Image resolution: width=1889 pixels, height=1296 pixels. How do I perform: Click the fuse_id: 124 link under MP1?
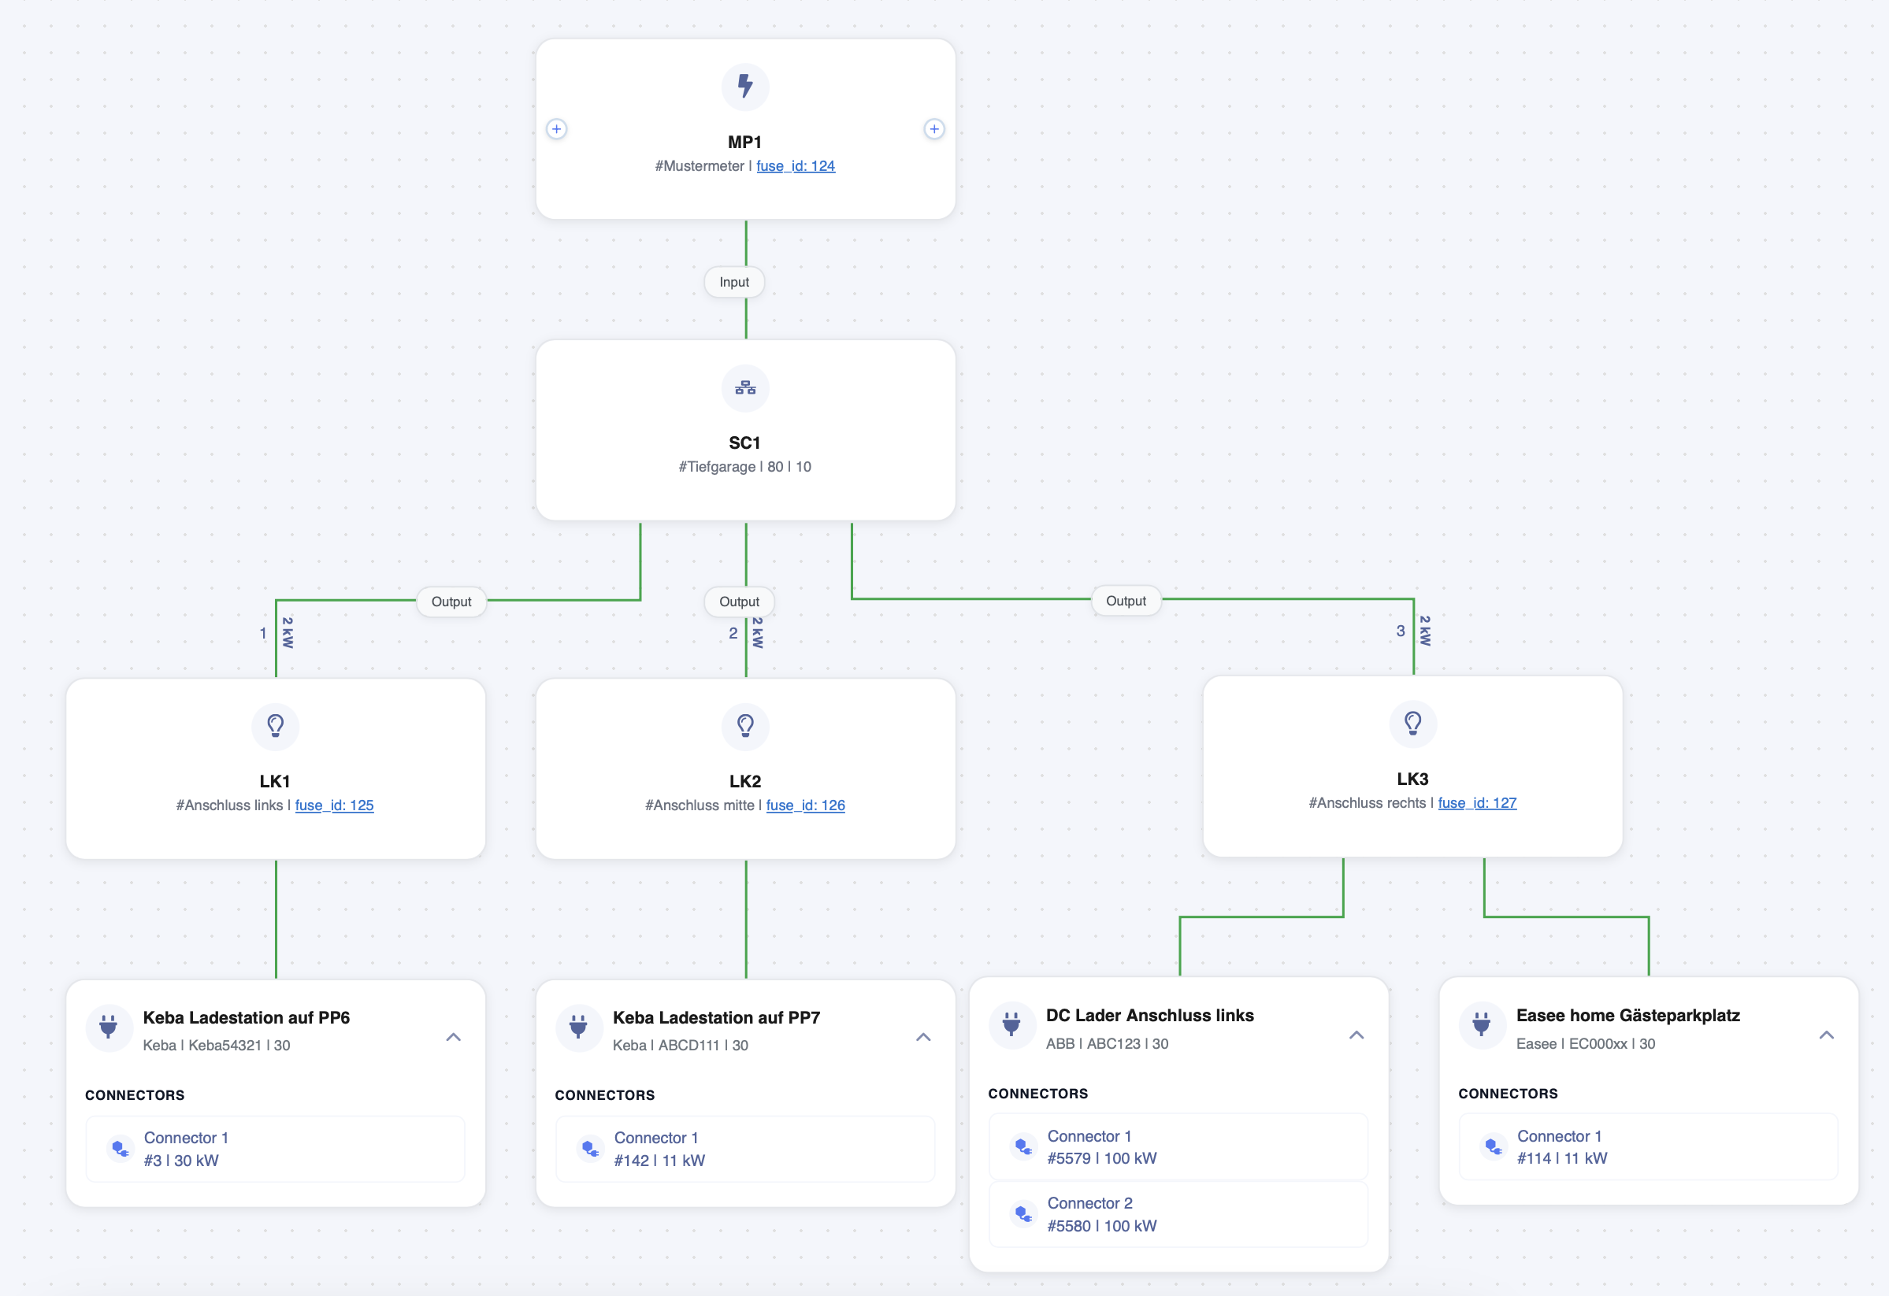[x=796, y=166]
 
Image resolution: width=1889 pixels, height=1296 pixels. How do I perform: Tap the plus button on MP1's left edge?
[x=557, y=129]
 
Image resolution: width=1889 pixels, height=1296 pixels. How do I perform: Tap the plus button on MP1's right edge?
[x=935, y=129]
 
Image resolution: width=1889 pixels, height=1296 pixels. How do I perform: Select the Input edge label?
[x=734, y=282]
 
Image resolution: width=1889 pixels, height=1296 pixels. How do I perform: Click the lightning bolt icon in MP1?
[x=745, y=86]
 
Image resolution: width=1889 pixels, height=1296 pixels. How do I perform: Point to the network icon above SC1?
[x=745, y=387]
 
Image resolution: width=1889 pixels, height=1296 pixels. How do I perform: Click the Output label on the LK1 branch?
[x=451, y=602]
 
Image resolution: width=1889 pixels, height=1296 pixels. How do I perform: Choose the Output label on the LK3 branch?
[x=1126, y=601]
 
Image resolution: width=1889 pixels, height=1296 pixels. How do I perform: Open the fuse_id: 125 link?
[x=334, y=805]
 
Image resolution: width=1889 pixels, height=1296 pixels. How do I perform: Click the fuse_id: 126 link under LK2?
[x=806, y=805]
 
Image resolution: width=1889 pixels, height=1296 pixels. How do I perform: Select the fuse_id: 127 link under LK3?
[x=1477, y=803]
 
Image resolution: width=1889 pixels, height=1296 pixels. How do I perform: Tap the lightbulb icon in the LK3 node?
[x=1412, y=723]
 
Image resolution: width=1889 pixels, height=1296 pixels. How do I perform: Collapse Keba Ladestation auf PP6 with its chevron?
[x=454, y=1037]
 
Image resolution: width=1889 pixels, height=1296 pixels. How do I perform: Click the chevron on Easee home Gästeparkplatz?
[x=1827, y=1035]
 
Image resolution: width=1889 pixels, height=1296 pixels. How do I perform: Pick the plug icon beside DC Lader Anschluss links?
[x=1011, y=1024]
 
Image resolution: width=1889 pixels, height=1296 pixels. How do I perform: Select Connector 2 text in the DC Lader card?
[x=1090, y=1202]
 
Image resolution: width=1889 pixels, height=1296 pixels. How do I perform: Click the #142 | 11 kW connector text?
[x=659, y=1161]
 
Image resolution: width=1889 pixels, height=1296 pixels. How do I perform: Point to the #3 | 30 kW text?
[x=181, y=1161]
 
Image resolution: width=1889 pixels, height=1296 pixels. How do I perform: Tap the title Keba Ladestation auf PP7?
[x=716, y=1017]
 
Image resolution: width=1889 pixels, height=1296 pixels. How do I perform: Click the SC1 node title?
[x=744, y=442]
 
